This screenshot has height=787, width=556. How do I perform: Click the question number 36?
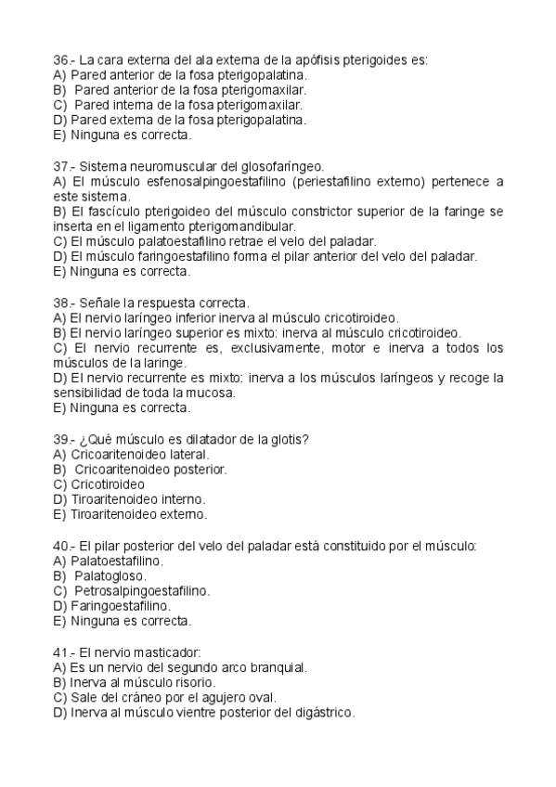pos(61,60)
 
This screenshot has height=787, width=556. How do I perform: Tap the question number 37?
pos(61,165)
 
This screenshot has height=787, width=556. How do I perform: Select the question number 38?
pos(61,303)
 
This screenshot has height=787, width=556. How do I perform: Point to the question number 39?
pos(61,439)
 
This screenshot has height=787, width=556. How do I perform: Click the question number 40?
pos(61,546)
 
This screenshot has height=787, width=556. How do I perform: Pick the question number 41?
pos(61,652)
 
